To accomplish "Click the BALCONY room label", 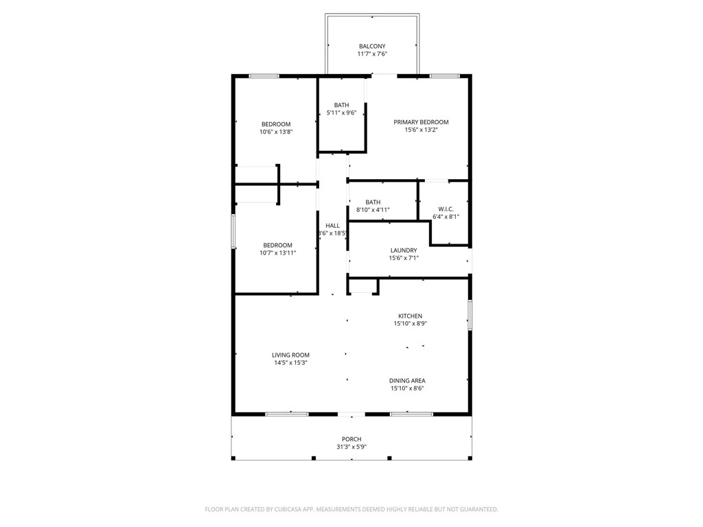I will click(372, 47).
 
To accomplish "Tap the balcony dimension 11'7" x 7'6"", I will click(372, 54).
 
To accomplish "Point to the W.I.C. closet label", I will click(446, 209).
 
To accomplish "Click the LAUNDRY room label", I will click(404, 250).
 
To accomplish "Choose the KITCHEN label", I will click(410, 316).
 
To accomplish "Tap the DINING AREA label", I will click(407, 381).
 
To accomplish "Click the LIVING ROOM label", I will click(290, 355).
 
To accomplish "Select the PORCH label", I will click(351, 439).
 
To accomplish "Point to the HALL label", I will click(332, 225).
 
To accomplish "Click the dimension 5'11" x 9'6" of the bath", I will click(341, 113).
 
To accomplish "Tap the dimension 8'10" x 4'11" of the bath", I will click(373, 210).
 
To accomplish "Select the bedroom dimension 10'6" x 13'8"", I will click(276, 132).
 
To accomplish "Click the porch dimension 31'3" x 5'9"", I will click(351, 447).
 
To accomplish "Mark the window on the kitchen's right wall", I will click(470, 316).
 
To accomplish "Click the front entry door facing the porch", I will click(351, 414).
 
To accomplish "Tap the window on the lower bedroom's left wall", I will click(233, 231).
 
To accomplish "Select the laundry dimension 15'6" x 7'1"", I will click(404, 258).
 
